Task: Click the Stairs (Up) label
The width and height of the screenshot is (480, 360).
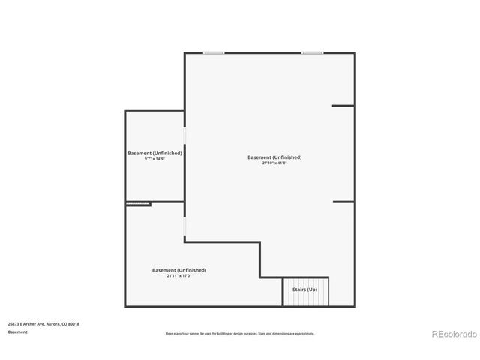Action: click(x=304, y=289)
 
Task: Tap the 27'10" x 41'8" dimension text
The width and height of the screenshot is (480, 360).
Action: click(x=274, y=163)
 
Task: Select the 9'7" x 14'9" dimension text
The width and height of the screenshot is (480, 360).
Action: click(x=154, y=158)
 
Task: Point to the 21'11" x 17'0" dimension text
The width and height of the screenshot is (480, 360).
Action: click(x=179, y=275)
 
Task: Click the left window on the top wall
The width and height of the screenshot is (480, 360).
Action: click(x=214, y=52)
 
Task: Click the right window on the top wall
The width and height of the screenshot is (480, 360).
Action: click(x=313, y=52)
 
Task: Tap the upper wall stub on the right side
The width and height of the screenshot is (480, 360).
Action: click(x=343, y=106)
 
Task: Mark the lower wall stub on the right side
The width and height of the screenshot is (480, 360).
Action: click(x=343, y=201)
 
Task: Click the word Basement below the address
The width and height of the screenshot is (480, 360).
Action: click(x=18, y=331)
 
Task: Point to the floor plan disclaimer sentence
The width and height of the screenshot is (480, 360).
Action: click(x=239, y=334)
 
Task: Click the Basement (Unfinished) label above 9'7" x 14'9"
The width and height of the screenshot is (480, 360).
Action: click(x=154, y=153)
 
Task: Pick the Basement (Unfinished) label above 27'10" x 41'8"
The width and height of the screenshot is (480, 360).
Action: click(x=274, y=157)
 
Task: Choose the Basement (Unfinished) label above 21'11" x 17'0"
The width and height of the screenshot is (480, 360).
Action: click(x=179, y=270)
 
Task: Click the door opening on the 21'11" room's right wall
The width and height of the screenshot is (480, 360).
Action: click(x=185, y=227)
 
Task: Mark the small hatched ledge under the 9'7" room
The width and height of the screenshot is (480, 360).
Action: click(x=139, y=204)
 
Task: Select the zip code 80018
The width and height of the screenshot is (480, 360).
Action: click(x=73, y=324)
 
